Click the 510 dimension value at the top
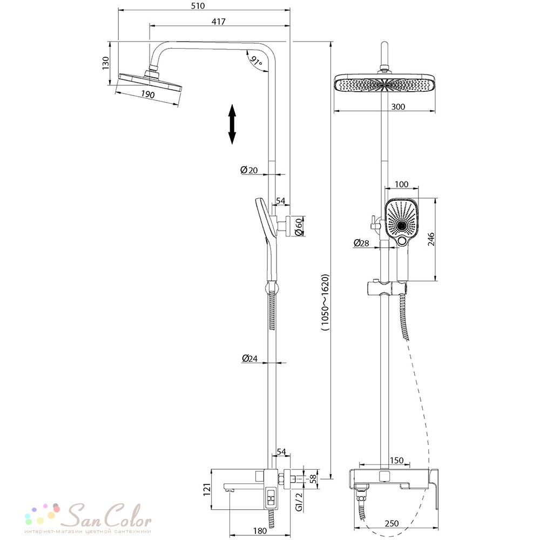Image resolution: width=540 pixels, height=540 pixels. point(198,6)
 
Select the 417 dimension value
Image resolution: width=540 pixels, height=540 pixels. point(218,22)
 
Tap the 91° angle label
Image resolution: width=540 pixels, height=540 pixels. point(256,61)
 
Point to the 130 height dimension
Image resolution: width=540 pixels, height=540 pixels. point(106,63)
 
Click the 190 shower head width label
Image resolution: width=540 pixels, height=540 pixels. point(148,93)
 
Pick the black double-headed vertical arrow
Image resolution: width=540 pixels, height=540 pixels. point(232,124)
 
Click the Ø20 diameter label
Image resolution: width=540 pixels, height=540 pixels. point(249,170)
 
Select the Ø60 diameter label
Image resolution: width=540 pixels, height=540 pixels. point(299,227)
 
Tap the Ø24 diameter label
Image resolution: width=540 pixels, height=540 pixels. point(249,359)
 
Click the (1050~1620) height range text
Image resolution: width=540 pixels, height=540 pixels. point(325,302)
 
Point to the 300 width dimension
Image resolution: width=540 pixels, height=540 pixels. point(398,107)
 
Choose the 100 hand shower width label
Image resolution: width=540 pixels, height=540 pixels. point(401,184)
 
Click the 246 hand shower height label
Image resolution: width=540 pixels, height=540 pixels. point(431,239)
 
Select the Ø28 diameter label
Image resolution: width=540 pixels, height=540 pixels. point(361,243)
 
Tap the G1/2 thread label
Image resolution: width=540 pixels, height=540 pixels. point(299,502)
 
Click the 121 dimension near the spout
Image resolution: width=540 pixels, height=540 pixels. point(206,490)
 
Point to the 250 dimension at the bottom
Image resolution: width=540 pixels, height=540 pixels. point(391,523)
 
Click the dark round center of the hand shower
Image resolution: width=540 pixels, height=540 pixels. point(401,226)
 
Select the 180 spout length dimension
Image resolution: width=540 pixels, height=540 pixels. point(260,531)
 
